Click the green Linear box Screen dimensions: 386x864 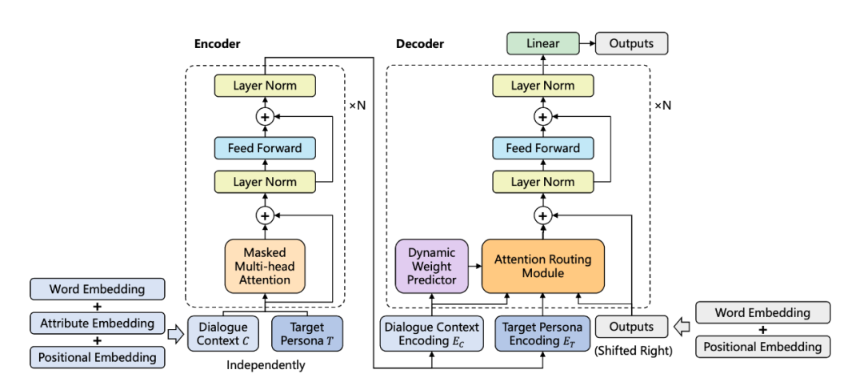542,43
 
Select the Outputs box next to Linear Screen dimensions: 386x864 630,43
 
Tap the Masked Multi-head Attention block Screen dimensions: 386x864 265,266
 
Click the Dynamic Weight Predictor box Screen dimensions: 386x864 432,266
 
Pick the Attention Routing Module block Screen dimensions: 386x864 542,266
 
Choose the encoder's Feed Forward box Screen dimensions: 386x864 265,148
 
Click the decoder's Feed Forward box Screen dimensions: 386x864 542,148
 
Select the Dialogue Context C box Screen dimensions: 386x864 223,333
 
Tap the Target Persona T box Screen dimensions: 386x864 307,333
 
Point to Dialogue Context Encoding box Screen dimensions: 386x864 432,333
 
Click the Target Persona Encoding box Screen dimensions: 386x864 542,333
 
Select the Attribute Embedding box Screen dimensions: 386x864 97,323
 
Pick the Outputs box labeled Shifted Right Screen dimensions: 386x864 631,327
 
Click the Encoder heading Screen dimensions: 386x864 218,44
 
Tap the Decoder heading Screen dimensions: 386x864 420,44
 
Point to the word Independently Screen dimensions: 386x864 266,365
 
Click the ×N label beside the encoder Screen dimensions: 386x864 357,104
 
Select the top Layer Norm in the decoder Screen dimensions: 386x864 542,86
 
